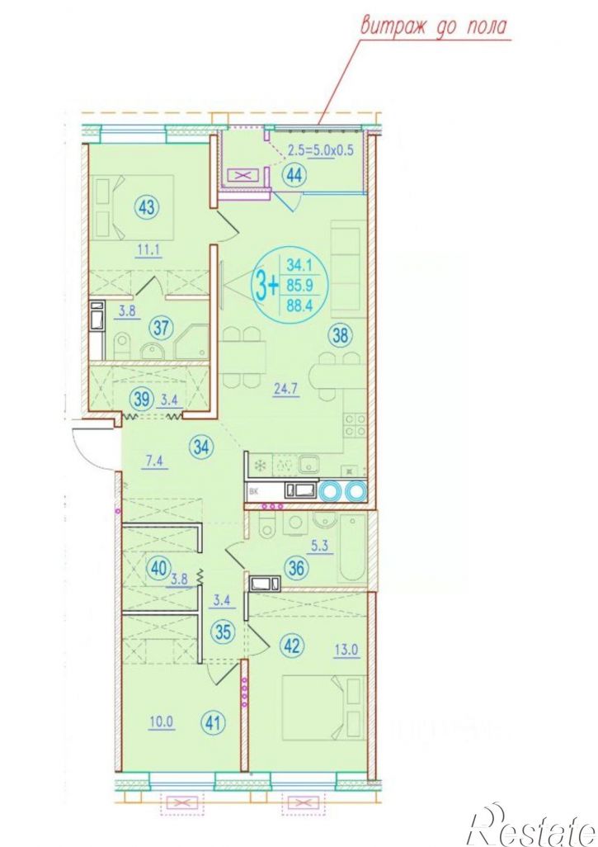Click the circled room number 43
147,207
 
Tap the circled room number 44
294,175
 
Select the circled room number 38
340,336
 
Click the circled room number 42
293,646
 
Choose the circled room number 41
214,722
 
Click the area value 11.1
149,249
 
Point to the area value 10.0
162,722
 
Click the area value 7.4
153,461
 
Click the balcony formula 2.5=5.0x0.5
321,150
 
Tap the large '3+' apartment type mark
267,285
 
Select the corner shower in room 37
191,342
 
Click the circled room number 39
141,400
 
